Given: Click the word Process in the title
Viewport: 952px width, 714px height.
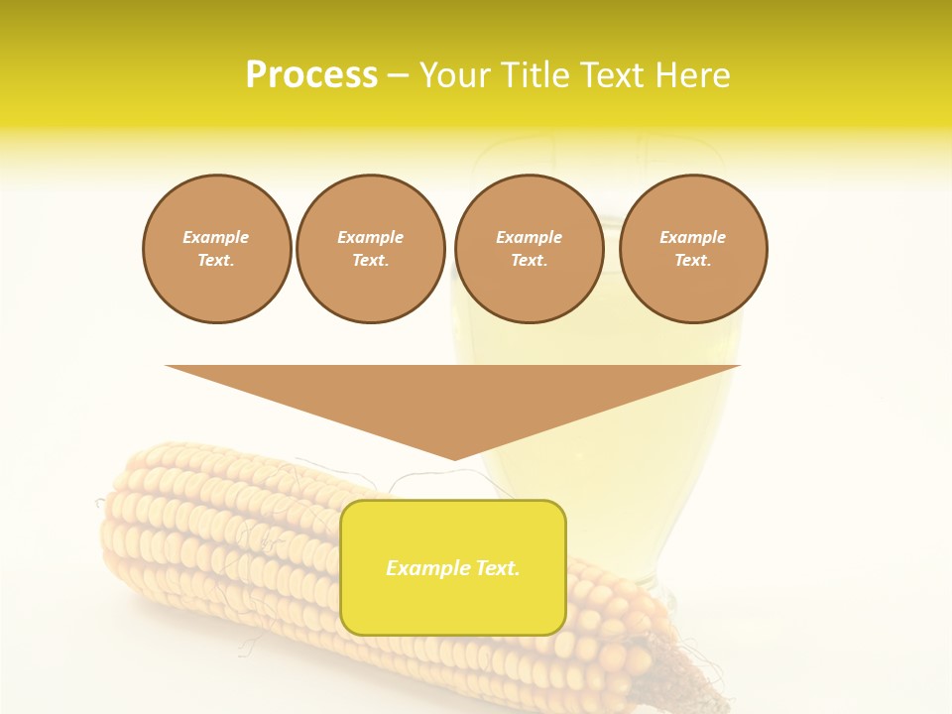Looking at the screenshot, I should click(x=311, y=75).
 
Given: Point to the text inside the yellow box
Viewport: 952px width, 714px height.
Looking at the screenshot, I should click(x=453, y=568).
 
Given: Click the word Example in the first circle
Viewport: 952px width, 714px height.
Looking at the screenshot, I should click(x=216, y=237).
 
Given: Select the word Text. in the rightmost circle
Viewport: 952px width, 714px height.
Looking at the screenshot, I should click(x=693, y=261).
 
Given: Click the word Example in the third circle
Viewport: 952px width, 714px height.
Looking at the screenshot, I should click(x=529, y=237).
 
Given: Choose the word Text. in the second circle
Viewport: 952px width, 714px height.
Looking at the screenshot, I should click(x=370, y=261).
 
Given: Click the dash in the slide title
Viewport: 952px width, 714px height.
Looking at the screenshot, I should click(x=399, y=75).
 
